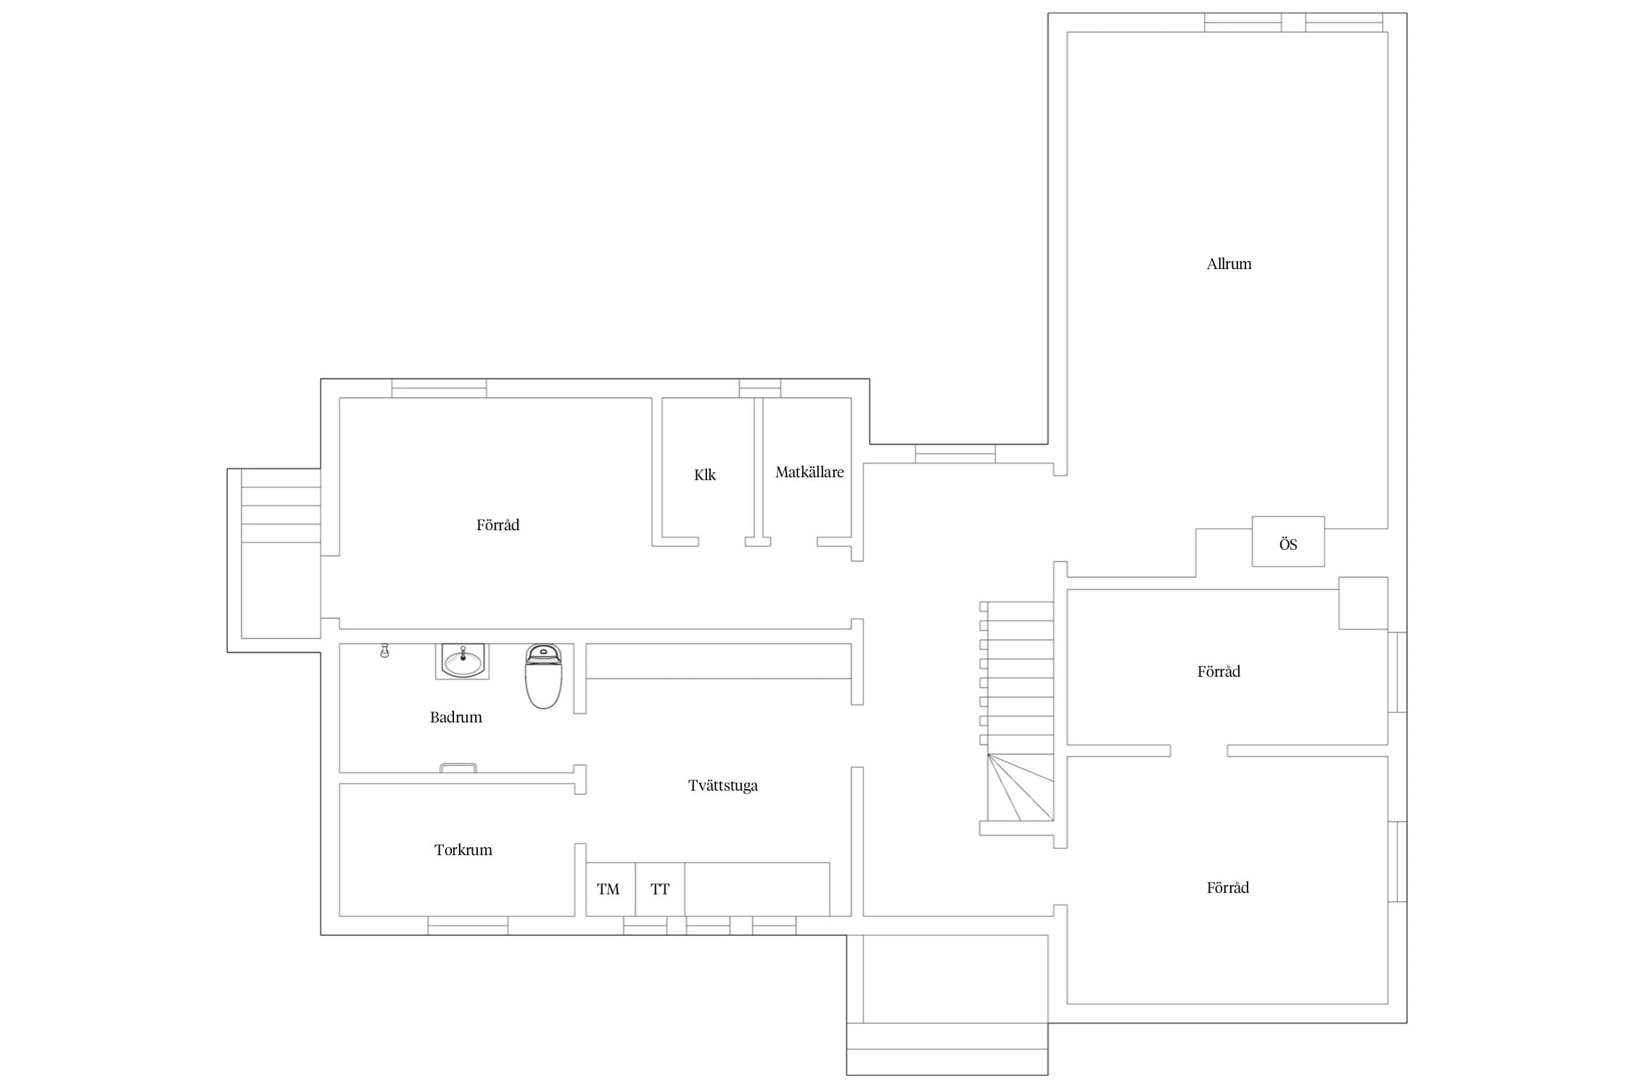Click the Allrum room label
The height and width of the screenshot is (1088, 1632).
click(1229, 264)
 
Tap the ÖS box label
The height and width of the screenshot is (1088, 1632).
click(1288, 544)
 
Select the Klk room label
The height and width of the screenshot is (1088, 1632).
click(705, 475)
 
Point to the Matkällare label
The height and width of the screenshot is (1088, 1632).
click(809, 472)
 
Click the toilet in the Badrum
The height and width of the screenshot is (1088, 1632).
click(543, 676)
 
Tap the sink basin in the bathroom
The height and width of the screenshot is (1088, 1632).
click(463, 662)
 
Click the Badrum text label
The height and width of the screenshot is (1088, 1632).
click(456, 717)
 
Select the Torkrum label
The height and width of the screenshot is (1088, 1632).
click(463, 850)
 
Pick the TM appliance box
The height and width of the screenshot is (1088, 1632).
click(611, 889)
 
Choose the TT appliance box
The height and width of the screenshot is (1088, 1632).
click(660, 889)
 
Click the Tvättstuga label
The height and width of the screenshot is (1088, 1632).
click(723, 786)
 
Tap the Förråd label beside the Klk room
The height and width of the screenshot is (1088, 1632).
click(498, 525)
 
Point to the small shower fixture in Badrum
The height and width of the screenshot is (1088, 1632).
click(384, 651)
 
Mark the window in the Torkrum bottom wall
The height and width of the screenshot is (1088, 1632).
click(468, 926)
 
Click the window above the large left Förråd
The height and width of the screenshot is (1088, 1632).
click(439, 388)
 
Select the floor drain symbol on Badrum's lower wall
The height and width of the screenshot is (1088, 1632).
click(458, 767)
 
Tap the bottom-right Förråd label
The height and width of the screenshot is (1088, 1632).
click(1227, 888)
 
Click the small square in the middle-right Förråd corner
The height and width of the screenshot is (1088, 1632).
click(1363, 603)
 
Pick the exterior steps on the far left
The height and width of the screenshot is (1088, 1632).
click(281, 515)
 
